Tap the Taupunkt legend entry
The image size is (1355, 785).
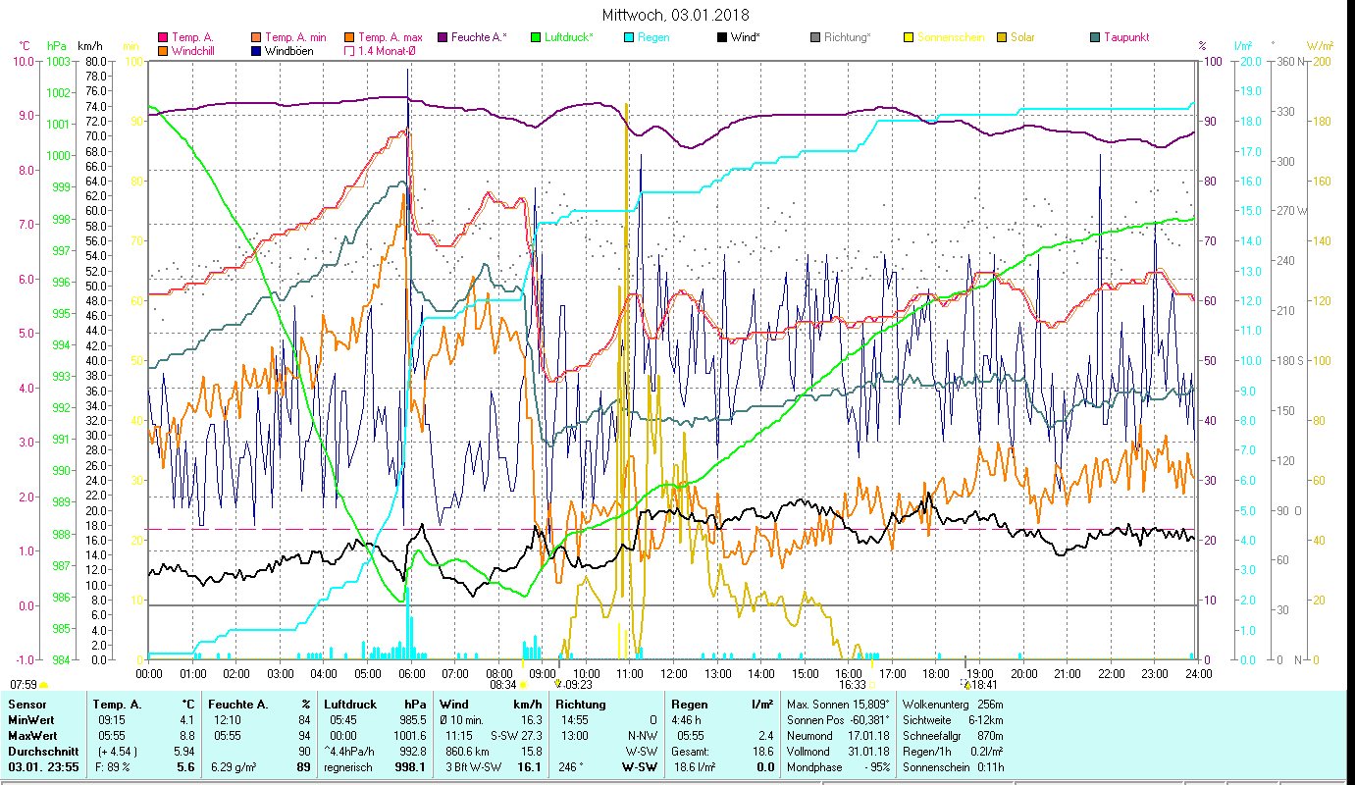coord(1125,37)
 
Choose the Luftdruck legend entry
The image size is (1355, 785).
coord(570,37)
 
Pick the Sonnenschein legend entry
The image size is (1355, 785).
coord(951,37)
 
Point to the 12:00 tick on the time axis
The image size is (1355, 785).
coord(673,674)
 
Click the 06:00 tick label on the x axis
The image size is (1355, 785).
coord(411,674)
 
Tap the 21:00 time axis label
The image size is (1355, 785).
coord(1067,674)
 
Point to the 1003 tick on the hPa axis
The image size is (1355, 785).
coord(58,61)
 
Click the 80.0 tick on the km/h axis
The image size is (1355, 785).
coord(95,61)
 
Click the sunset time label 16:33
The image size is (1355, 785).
coord(851,685)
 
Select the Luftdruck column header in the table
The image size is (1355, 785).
coord(347,705)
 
